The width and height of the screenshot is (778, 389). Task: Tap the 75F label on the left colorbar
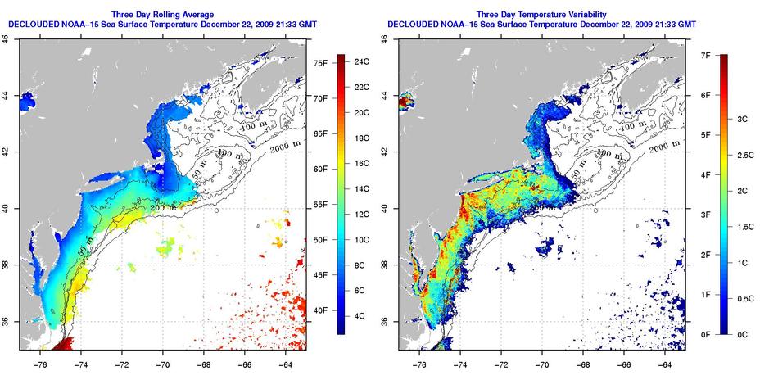[x=321, y=62]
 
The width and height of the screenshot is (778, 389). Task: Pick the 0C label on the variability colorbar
[x=744, y=334]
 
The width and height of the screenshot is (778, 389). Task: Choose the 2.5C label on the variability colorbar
[x=749, y=155]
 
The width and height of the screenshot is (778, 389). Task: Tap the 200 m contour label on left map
[x=162, y=207]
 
